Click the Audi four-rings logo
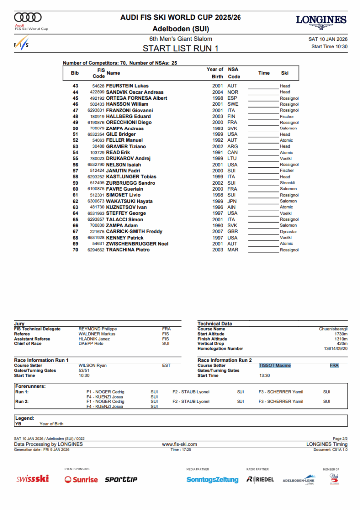(28, 17)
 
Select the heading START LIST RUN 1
(181, 48)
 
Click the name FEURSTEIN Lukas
(127, 86)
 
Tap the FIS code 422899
(97, 92)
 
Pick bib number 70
(75, 250)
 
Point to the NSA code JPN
(233, 201)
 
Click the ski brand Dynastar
(288, 232)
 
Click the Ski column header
(285, 73)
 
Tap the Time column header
(264, 73)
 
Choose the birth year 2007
(217, 232)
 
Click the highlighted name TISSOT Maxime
(275, 365)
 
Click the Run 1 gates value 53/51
(85, 370)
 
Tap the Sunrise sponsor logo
(81, 479)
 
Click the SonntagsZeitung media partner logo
(212, 479)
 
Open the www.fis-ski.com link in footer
(180, 444)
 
